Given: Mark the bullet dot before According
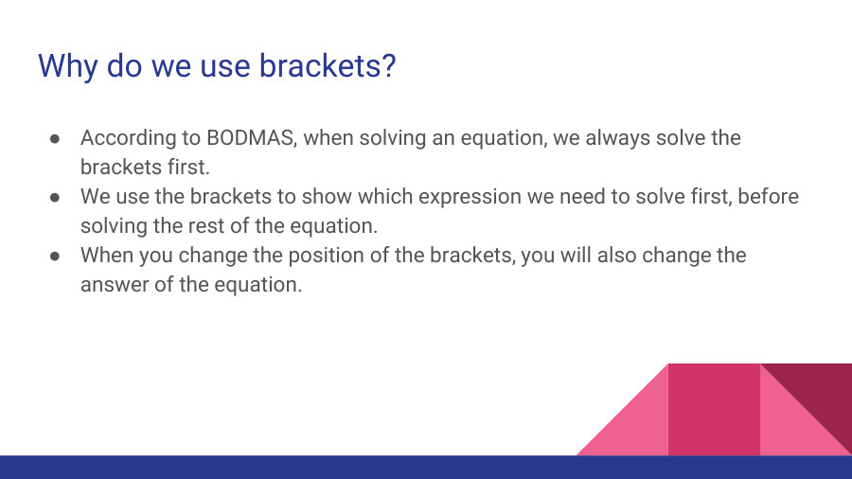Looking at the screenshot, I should click(55, 138).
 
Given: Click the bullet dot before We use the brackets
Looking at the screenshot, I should click(55, 197).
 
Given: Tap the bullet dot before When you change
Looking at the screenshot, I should click(55, 256).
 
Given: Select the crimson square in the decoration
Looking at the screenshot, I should click(714, 409).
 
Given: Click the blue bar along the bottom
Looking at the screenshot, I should click(426, 467).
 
